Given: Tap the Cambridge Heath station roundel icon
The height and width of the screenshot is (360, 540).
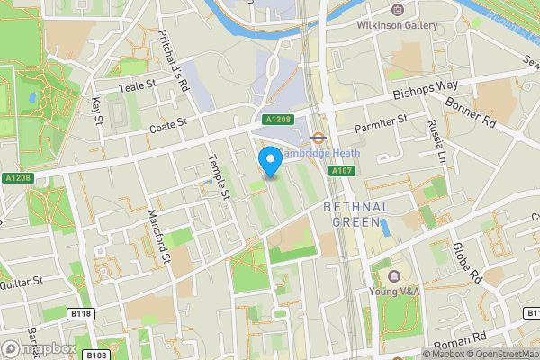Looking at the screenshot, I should point(319,138).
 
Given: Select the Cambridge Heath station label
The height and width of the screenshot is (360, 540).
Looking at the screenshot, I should point(320,153).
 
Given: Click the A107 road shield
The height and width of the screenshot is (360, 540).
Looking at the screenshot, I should point(340,171).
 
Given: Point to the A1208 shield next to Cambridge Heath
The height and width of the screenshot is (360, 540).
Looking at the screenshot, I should point(277,120).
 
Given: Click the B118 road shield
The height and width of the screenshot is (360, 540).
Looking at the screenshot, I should point(81,313).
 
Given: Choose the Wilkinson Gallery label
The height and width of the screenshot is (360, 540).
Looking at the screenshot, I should point(401,25).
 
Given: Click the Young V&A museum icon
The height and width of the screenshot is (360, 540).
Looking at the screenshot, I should point(394,274).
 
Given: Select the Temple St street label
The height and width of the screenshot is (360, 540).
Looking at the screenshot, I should point(221,174).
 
